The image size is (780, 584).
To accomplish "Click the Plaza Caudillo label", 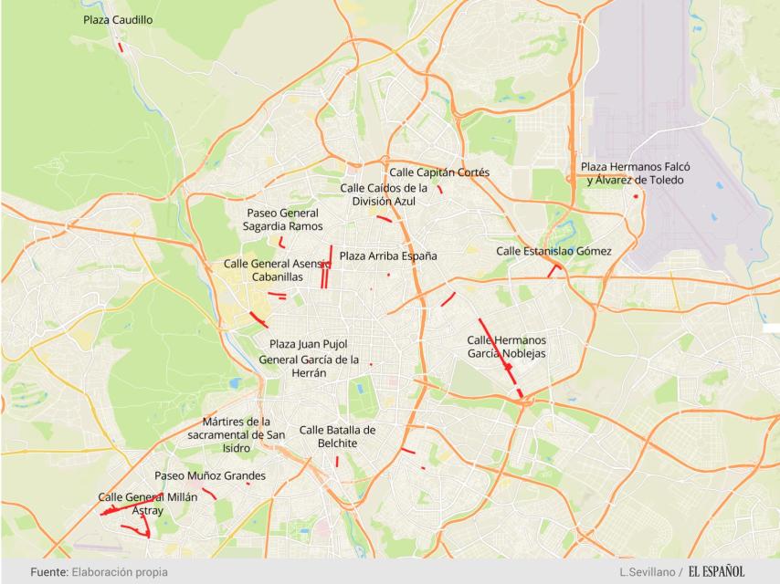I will [x=118, y=19].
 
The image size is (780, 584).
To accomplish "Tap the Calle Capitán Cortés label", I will [x=439, y=172].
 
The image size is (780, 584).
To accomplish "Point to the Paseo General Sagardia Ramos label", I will [x=282, y=219].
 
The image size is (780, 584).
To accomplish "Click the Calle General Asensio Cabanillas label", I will [x=277, y=270].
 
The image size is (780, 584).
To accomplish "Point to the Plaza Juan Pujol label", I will [x=309, y=344].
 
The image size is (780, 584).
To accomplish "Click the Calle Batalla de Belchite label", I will [x=337, y=436].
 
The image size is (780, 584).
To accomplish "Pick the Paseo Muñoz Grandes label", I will [x=210, y=475].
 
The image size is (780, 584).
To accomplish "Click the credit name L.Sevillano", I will [x=648, y=572].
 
